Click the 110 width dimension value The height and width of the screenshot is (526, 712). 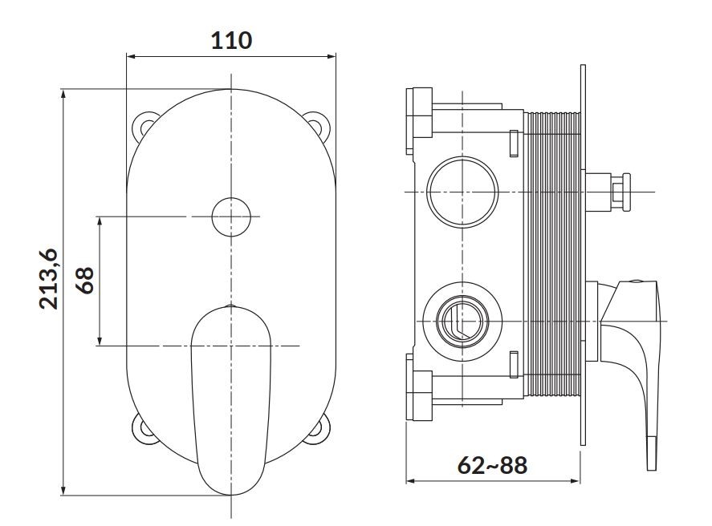click(231, 40)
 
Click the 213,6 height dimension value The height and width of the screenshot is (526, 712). click(49, 279)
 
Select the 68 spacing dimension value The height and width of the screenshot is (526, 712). click(85, 280)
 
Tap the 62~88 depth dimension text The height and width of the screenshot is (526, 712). click(492, 465)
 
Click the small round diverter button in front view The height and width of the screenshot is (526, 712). click(231, 216)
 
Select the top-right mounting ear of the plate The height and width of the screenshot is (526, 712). click(319, 123)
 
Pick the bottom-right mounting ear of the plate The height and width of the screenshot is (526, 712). click(319, 428)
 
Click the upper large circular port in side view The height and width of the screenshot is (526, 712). click(462, 192)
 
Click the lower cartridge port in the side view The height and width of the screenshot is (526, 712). click(462, 322)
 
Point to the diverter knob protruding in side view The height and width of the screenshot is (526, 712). click(608, 192)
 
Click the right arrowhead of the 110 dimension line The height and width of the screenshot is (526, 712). click(331, 57)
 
